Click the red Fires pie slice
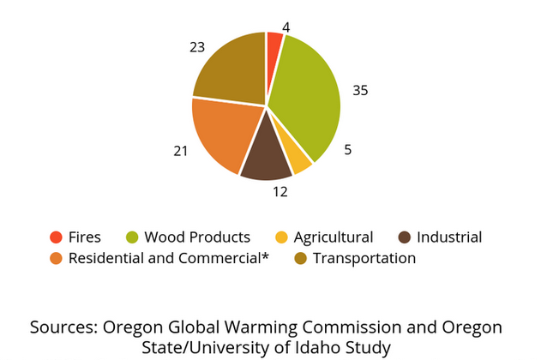click(x=274, y=53)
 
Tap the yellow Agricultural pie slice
click(x=297, y=155)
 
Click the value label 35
click(x=360, y=91)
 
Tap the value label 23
click(x=197, y=47)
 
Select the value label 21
click(x=181, y=151)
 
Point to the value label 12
click(x=280, y=192)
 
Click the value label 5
click(x=348, y=150)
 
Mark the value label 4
click(x=286, y=27)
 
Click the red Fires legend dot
click(x=56, y=237)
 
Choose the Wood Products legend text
click(x=197, y=237)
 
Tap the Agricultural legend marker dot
click(x=281, y=237)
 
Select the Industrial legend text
click(x=449, y=237)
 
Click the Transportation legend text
click(x=364, y=259)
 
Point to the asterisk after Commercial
click(x=265, y=255)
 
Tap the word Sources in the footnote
click(x=63, y=327)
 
